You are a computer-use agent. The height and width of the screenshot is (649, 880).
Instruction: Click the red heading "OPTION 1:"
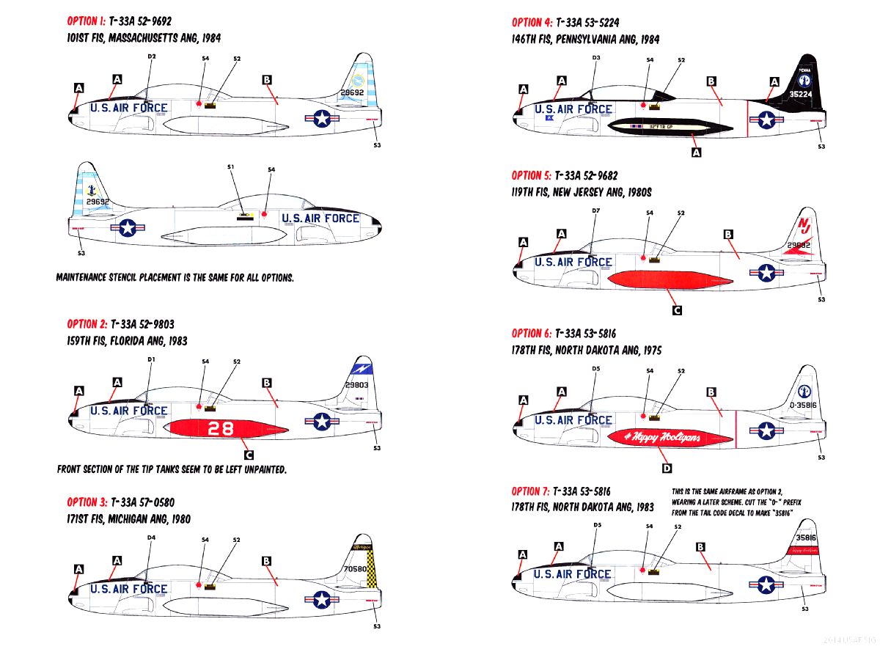point(87,22)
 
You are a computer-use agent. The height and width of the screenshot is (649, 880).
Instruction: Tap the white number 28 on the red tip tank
point(221,429)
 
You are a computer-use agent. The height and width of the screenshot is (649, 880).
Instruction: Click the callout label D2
point(152,56)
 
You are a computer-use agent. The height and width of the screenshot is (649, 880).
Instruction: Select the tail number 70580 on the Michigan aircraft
point(356,568)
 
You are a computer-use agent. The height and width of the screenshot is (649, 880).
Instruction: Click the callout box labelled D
point(667,469)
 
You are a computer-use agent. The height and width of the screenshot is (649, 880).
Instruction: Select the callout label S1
point(231,168)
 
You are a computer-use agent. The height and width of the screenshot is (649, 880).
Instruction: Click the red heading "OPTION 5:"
point(531,175)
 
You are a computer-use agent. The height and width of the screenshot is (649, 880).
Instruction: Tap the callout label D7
point(595,211)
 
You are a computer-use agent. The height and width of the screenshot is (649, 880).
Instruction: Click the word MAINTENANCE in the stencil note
point(86,278)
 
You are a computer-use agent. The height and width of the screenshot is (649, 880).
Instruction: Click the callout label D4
point(151,538)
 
